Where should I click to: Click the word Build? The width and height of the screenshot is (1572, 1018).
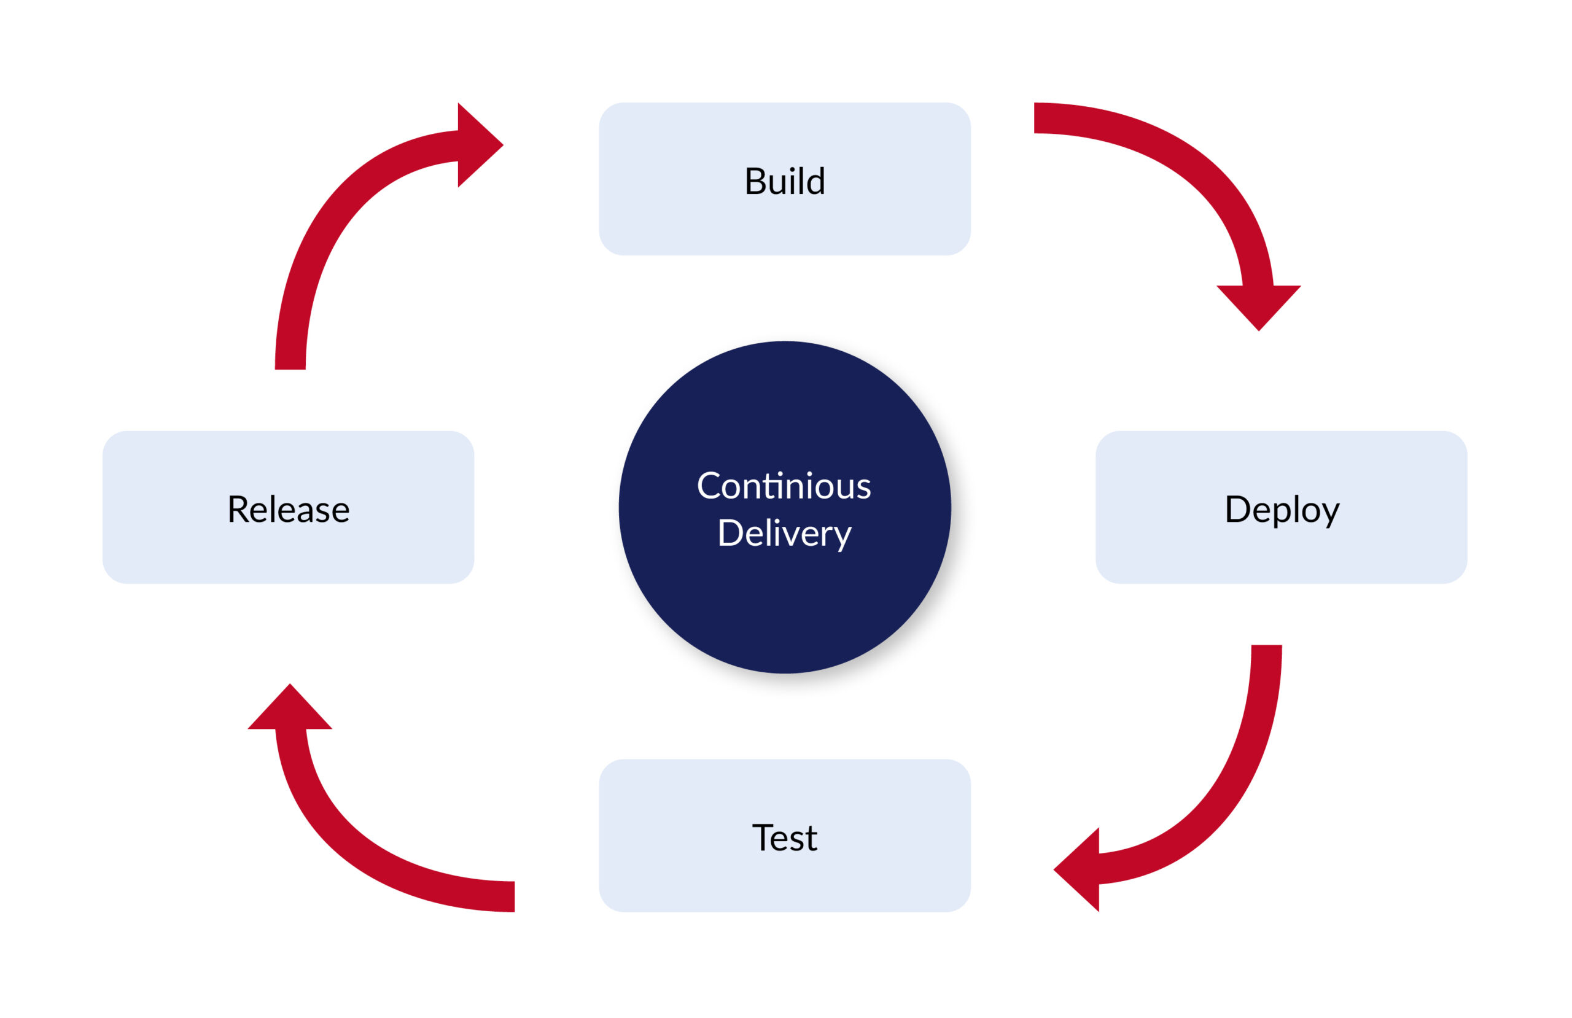[x=785, y=181]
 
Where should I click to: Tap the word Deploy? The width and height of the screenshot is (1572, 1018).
[x=1282, y=510]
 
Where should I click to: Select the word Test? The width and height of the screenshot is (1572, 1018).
[x=785, y=837]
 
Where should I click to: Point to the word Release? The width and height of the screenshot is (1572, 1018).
[x=288, y=510]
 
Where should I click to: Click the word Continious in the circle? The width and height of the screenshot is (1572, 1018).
[x=784, y=486]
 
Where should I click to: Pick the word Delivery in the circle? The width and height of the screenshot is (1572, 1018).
[x=785, y=533]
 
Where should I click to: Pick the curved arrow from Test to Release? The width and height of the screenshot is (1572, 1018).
[x=370, y=852]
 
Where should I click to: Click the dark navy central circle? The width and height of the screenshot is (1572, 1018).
[x=785, y=594]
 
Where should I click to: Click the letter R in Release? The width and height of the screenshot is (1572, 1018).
[x=238, y=510]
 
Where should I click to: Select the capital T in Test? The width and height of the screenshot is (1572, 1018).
[x=763, y=837]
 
